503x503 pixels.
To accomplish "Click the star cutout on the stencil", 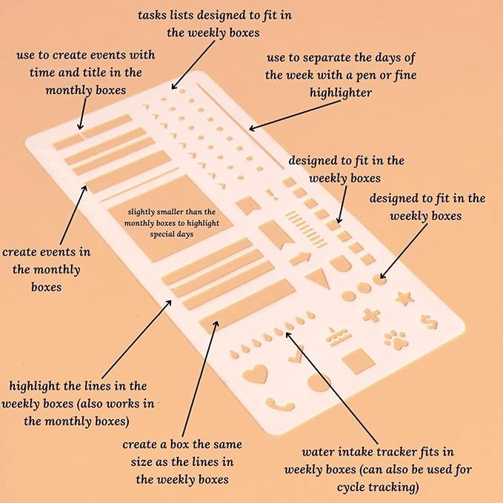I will tap(404, 298).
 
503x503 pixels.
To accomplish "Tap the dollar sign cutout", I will tap(427, 322).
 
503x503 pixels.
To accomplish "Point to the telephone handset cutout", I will tap(282, 406).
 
